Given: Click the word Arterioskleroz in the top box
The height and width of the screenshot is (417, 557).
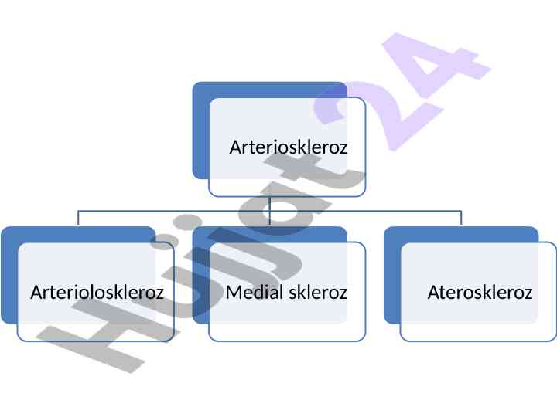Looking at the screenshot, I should tap(288, 147).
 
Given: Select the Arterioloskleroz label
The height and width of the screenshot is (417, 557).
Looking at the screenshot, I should tap(97, 293).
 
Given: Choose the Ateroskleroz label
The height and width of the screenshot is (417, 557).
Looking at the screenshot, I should tap(480, 293).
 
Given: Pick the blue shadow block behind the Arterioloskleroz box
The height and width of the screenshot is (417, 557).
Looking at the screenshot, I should tap(9, 278).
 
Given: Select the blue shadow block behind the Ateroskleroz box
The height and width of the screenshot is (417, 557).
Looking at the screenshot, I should tap(391, 278).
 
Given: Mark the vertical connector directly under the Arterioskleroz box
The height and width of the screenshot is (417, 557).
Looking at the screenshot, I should tap(269, 203).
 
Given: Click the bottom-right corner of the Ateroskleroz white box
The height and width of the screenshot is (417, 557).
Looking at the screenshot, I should tap(555, 339).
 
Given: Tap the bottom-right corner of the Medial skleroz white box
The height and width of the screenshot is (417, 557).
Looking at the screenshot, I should tap(364, 339).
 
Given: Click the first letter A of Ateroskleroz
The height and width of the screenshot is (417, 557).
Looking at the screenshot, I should tap(433, 293).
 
